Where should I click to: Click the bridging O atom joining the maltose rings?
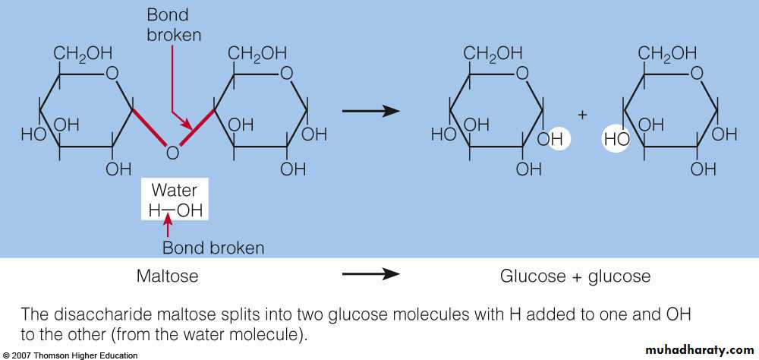pos(172,153)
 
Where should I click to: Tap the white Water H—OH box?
pos(175,201)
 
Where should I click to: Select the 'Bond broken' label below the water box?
pos(214,248)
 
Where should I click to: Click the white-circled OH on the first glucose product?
pos(554,139)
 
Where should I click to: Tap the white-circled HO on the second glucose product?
pos(616,139)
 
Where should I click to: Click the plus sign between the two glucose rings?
pos(583,115)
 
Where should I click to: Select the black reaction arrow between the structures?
pos(370,112)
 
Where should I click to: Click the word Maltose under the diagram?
pos(167,276)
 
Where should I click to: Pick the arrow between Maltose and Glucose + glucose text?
pos(370,275)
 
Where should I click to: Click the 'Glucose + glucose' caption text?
pos(575,276)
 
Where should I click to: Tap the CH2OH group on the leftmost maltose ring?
pos(83,54)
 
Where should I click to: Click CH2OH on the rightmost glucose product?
pos(667,54)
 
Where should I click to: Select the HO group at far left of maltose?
pos(33,135)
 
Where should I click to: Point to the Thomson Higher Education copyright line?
pos(70,355)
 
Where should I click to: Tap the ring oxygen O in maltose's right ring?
pos(287,74)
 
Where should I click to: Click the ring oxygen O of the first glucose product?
pos(522,74)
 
